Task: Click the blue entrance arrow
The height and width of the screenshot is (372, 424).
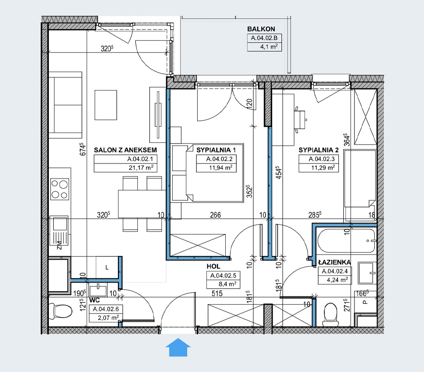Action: pyautogui.click(x=178, y=347)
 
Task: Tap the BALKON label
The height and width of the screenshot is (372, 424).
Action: pyautogui.click(x=261, y=29)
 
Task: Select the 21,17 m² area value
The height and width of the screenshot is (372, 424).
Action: pyautogui.click(x=141, y=168)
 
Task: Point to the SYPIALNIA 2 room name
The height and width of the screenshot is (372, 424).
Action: pyautogui.click(x=319, y=150)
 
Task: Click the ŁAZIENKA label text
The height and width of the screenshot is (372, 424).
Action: pyautogui.click(x=335, y=262)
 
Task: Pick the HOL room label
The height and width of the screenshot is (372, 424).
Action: pyautogui.click(x=213, y=267)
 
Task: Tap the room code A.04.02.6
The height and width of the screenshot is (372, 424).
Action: pyautogui.click(x=106, y=309)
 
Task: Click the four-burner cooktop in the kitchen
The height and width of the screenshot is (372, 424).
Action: pyautogui.click(x=60, y=189)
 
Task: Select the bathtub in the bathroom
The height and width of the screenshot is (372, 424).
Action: pyautogui.click(x=346, y=241)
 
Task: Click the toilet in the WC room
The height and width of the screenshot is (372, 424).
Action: pyautogui.click(x=60, y=311)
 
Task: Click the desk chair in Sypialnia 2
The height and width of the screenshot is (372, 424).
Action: pyautogui.click(x=300, y=119)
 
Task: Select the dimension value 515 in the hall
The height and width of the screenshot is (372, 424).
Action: pyautogui.click(x=217, y=293)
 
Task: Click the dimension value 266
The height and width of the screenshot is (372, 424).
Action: pyautogui.click(x=216, y=215)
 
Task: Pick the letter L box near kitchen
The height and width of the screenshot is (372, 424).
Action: pyautogui.click(x=107, y=268)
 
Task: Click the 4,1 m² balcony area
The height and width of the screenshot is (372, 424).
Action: pyautogui.click(x=269, y=47)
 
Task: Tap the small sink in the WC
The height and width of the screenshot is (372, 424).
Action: pyautogui.click(x=98, y=290)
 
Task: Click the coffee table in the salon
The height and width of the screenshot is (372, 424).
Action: pyautogui.click(x=106, y=105)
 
